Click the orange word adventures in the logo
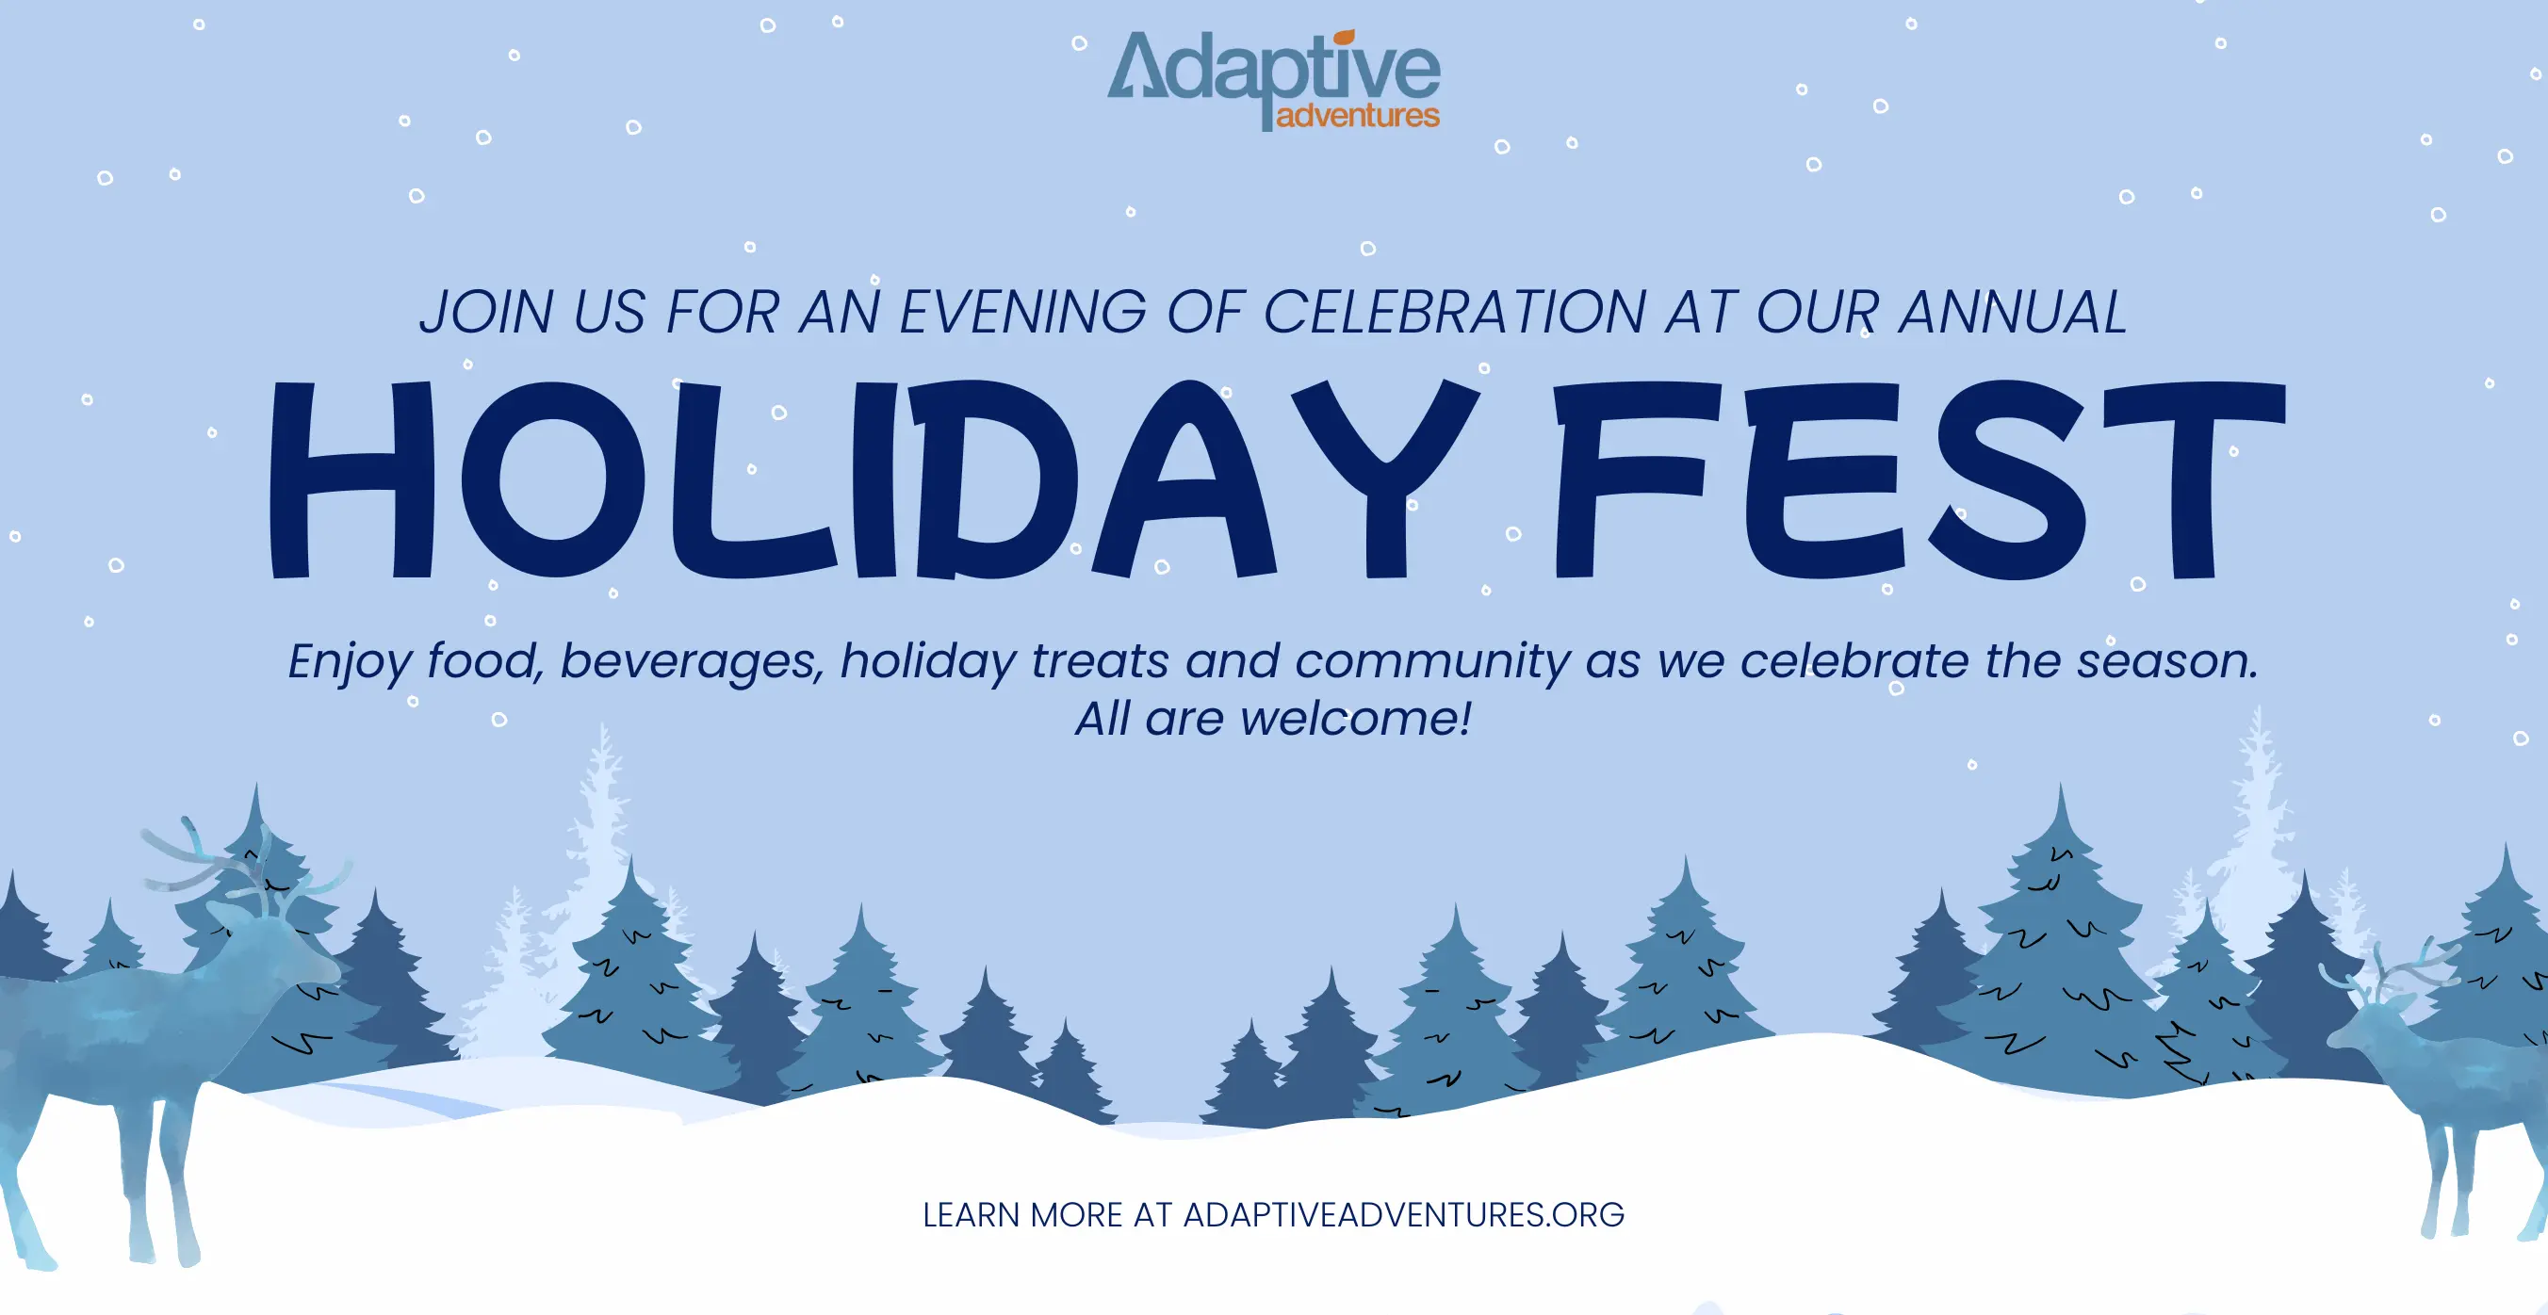click(1358, 116)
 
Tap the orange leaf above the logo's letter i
click(1345, 38)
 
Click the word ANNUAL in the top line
click(2013, 313)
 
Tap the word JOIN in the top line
click(486, 313)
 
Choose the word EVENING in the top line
click(1022, 313)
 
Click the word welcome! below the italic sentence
click(1356, 718)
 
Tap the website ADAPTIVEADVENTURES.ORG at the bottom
click(1404, 1214)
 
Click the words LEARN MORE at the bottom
click(1022, 1214)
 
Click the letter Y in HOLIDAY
click(1385, 479)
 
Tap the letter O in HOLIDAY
click(554, 479)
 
